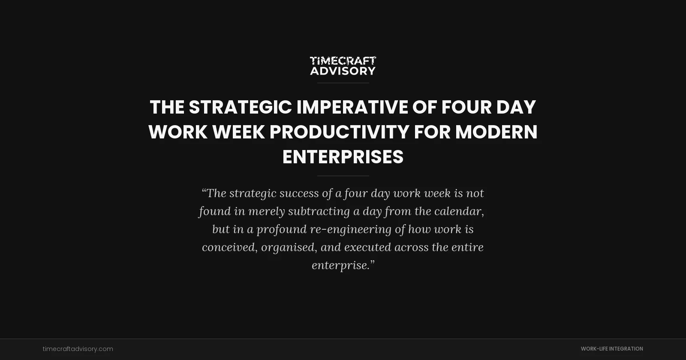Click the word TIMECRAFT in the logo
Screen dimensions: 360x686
pos(343,61)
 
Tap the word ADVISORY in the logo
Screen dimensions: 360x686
pos(343,71)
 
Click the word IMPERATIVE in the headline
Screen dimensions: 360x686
pos(352,107)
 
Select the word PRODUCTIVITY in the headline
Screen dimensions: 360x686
pos(339,132)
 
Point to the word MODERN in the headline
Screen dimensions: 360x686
pos(496,132)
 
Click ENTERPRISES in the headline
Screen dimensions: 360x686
pos(343,157)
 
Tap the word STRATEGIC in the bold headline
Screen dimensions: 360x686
pos(240,107)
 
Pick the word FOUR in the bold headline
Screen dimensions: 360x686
pos(466,107)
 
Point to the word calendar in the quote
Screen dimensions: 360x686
pos(459,211)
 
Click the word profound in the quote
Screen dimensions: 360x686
pos(282,229)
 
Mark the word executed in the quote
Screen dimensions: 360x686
pos(368,247)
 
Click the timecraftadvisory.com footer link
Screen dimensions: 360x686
pos(78,349)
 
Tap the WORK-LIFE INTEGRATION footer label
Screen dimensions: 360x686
pos(612,349)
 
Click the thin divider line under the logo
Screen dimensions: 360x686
pos(343,83)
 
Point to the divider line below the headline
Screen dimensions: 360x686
pos(343,176)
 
